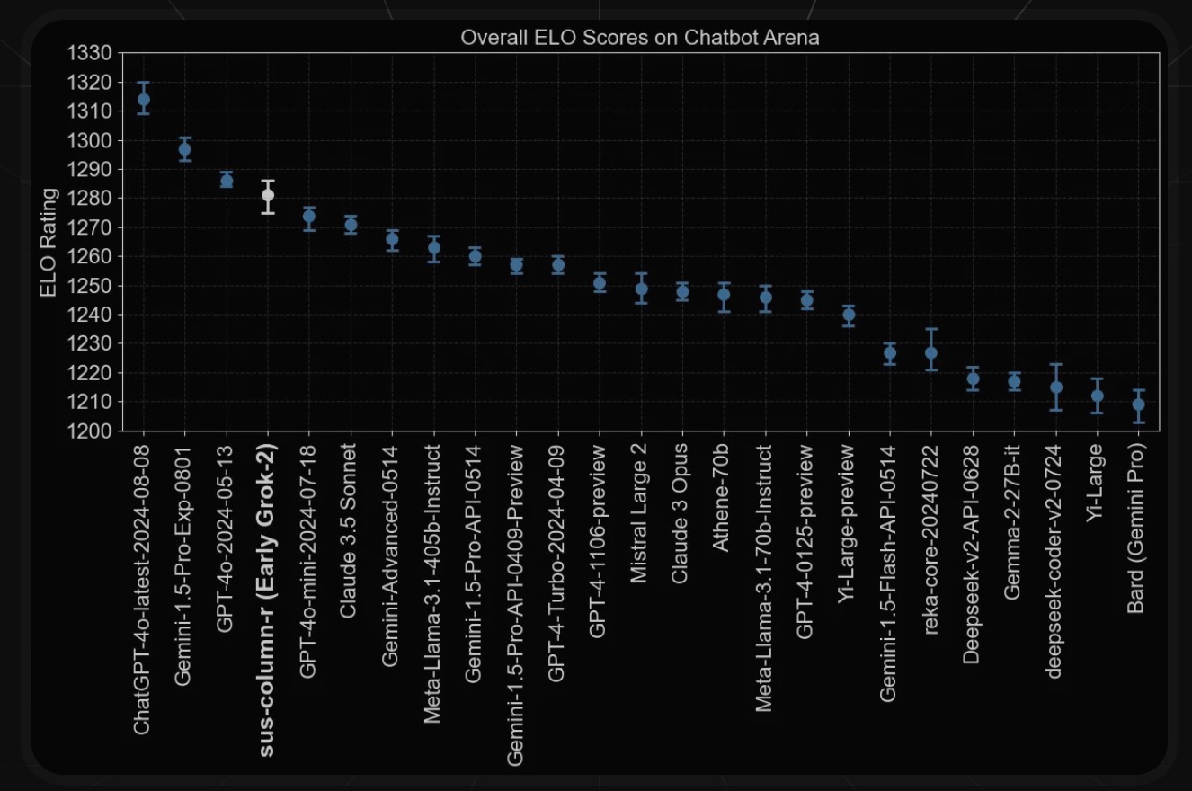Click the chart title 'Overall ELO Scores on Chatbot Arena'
click(639, 38)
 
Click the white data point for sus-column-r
click(268, 195)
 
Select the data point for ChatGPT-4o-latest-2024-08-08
click(143, 100)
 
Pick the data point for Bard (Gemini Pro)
click(1139, 404)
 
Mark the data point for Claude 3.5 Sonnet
click(351, 225)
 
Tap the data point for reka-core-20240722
click(931, 352)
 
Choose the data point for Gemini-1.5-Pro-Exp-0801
click(185, 149)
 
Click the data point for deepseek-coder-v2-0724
click(1056, 387)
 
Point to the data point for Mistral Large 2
click(642, 289)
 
